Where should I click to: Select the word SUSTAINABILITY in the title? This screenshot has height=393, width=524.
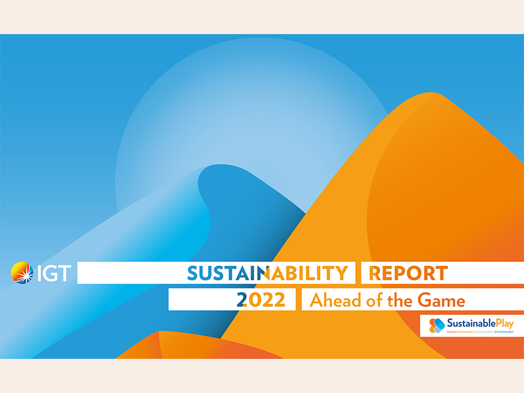(x=267, y=272)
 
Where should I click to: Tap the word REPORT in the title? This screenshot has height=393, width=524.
(x=408, y=272)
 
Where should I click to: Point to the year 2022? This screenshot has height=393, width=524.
(x=261, y=300)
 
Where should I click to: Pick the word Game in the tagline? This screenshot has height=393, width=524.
(x=442, y=301)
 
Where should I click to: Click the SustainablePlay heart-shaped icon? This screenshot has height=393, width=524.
(x=437, y=325)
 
